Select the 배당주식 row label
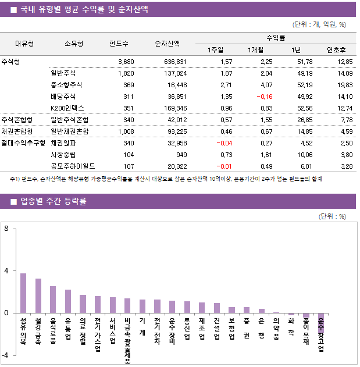click(x=63, y=97)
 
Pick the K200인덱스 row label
click(x=67, y=108)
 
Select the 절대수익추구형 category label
click(x=23, y=142)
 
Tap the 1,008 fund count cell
click(x=126, y=131)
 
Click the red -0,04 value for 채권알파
click(x=224, y=142)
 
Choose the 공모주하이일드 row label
click(x=73, y=166)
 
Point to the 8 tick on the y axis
click(x=6, y=229)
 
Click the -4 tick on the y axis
click(x=5, y=355)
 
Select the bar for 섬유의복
click(x=23, y=293)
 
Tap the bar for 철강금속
click(x=38, y=295)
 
